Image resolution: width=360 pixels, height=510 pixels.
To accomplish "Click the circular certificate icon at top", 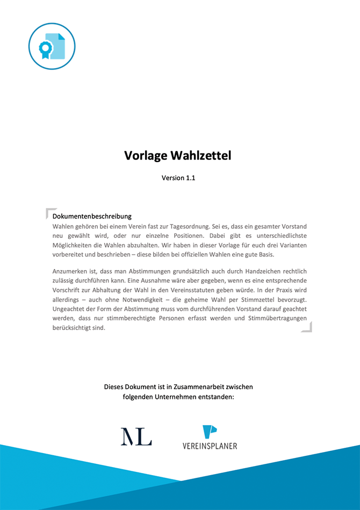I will point(52,46).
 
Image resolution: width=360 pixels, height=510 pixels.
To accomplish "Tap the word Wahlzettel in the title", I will point(201,156).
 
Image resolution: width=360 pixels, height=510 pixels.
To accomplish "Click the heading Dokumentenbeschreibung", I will point(92,216).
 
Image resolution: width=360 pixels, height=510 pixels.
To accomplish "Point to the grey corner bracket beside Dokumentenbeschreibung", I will point(49,212).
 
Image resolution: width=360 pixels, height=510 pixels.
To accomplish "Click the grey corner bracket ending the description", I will point(307,327).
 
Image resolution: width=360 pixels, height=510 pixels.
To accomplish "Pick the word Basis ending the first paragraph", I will point(264,254).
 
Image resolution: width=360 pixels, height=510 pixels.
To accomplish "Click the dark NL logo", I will point(136,436).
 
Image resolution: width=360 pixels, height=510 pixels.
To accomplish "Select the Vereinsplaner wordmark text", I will point(210,446).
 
